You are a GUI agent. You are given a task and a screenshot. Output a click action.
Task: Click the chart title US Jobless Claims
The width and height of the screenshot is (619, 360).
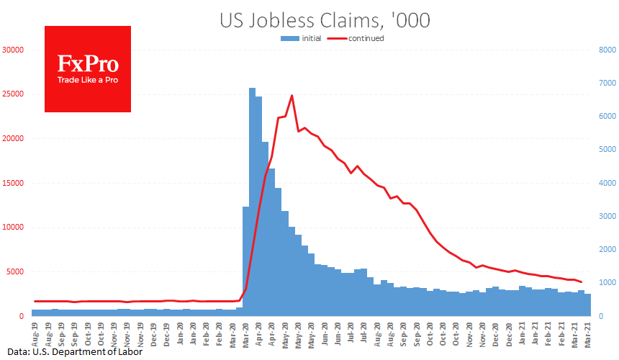click(325, 20)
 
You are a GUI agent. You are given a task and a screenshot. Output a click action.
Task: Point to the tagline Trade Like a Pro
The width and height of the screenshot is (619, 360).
click(88, 79)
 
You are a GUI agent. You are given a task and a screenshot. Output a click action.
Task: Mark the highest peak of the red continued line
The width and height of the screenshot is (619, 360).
click(292, 95)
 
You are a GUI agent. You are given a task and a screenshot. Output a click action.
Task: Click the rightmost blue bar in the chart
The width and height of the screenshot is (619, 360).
click(587, 305)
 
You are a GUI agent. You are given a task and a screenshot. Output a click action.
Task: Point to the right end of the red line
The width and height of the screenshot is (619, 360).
click(581, 282)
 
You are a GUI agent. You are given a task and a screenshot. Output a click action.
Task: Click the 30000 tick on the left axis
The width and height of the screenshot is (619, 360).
click(13, 50)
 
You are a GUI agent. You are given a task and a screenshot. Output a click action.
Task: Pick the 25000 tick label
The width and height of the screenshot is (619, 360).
click(13, 94)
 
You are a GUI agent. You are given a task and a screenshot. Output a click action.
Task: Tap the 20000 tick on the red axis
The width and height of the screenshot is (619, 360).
click(13, 139)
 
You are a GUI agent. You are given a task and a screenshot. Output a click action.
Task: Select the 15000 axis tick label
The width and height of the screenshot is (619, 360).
click(13, 183)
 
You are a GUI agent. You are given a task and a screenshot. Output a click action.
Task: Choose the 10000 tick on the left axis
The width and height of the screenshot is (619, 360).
click(13, 228)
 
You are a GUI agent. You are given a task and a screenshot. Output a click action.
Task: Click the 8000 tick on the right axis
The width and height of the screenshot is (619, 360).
click(606, 50)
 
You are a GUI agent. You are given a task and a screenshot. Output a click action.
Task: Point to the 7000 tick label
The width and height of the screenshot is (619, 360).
click(606, 84)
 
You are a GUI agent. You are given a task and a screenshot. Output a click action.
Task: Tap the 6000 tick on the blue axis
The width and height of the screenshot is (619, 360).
click(606, 117)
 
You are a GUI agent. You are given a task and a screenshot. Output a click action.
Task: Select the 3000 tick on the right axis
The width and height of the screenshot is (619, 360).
click(606, 216)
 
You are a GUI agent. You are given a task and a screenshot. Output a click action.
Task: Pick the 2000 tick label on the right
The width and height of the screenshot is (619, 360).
click(606, 249)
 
